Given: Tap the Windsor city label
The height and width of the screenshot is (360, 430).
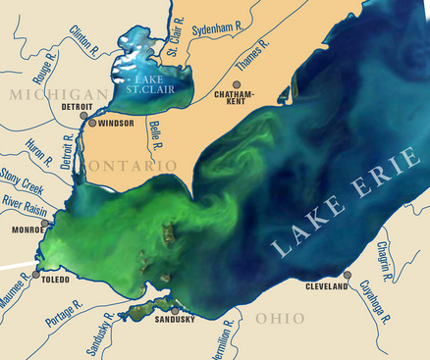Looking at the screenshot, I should click(115, 126).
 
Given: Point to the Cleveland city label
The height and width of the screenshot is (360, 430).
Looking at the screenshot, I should click(328, 287).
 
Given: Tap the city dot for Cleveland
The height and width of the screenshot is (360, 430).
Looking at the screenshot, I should click(348, 276).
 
